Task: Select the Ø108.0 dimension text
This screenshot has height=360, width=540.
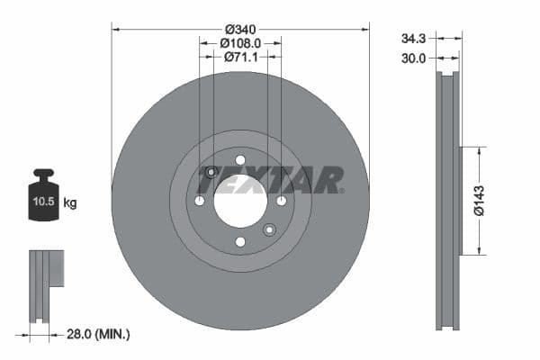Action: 240,41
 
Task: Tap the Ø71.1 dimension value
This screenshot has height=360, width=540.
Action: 240,58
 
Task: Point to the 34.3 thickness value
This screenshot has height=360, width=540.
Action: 413,39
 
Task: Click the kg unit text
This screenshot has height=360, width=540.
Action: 70,203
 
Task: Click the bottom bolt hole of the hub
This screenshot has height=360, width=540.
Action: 240,241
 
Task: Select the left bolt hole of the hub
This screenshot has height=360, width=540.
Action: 200,200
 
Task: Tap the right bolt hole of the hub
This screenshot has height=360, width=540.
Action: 281,200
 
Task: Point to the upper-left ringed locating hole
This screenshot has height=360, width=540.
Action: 211,172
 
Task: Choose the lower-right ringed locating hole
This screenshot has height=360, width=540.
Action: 269,229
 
